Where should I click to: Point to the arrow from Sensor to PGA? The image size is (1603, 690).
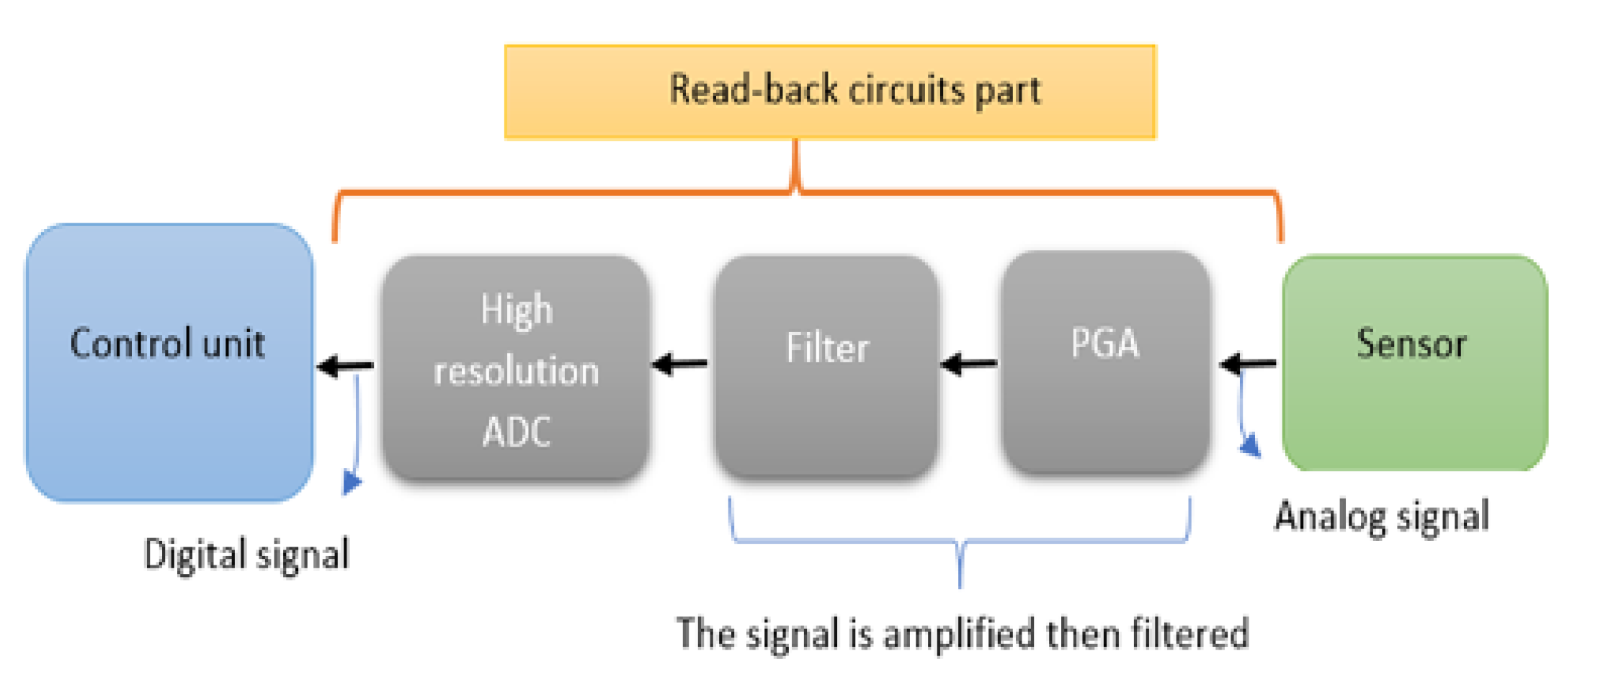pyautogui.click(x=1249, y=364)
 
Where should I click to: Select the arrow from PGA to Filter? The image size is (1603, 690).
pyautogui.click(x=970, y=364)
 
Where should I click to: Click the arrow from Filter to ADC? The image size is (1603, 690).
pyautogui.click(x=680, y=364)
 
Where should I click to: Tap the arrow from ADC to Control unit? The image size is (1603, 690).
pyautogui.click(x=346, y=366)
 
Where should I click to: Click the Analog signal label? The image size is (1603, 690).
pyautogui.click(x=1381, y=517)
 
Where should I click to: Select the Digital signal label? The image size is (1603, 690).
pyautogui.click(x=246, y=555)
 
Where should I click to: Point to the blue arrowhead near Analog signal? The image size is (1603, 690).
pyautogui.click(x=1251, y=445)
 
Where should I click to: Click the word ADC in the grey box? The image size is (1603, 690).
pyautogui.click(x=516, y=432)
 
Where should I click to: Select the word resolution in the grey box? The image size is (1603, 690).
pyautogui.click(x=516, y=372)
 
